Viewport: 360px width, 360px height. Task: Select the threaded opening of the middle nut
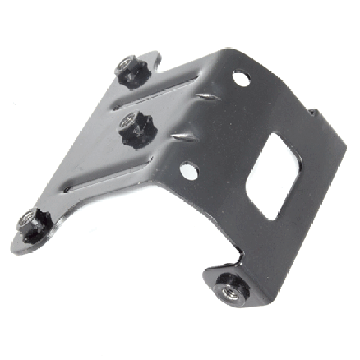tap(127, 123)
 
